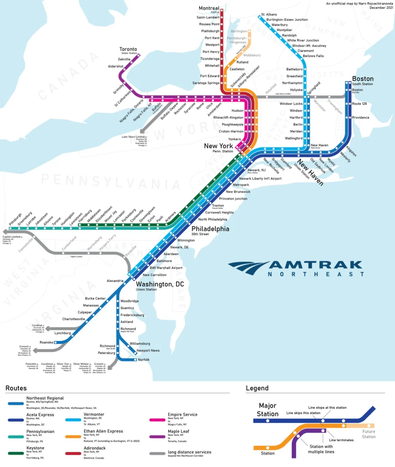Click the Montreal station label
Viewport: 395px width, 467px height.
(x=209, y=8)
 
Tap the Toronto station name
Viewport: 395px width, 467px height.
(x=128, y=49)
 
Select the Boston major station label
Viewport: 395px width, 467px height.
(x=363, y=78)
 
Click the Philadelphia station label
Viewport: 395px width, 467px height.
(x=210, y=229)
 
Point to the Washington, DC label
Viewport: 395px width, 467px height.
(x=160, y=284)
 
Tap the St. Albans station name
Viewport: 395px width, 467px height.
(x=269, y=15)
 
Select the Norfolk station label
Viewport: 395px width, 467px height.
(x=143, y=360)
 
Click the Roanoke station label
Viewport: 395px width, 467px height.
(x=46, y=342)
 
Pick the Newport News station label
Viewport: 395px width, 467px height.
(x=148, y=350)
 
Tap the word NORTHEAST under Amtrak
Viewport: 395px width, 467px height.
(x=316, y=274)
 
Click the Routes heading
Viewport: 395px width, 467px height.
(x=16, y=388)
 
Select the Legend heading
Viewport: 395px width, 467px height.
(x=257, y=388)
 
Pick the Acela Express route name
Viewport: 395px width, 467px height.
(x=40, y=415)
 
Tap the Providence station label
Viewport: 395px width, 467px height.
(x=360, y=117)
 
